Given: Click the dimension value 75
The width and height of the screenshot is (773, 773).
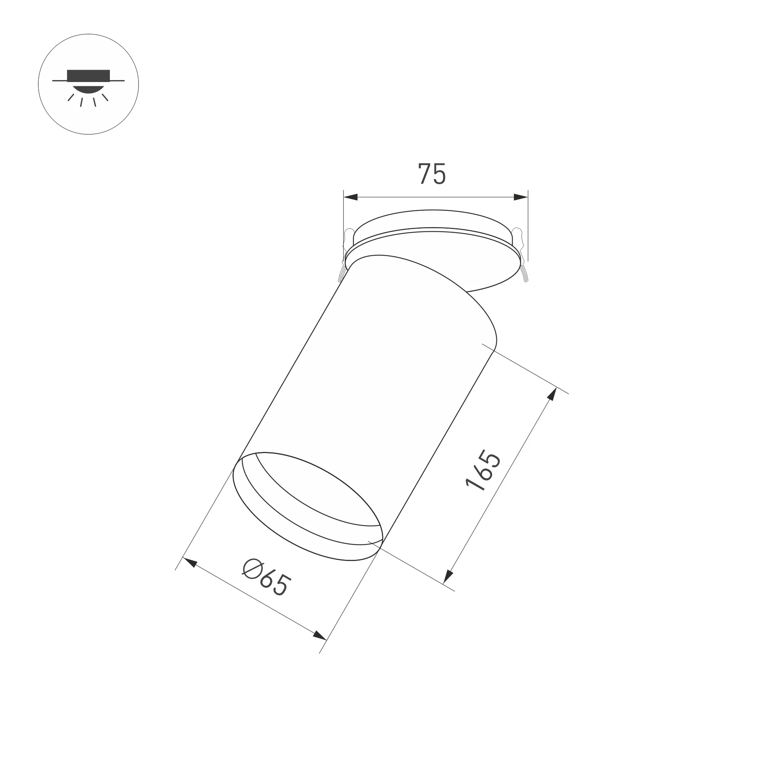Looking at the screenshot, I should (432, 174).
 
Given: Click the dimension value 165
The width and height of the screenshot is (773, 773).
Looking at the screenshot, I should (483, 470).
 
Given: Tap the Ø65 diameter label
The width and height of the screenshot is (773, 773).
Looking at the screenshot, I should (265, 579).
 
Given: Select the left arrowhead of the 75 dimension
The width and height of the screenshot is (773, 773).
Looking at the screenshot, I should (351, 197).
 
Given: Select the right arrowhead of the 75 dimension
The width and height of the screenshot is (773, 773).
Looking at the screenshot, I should (520, 197).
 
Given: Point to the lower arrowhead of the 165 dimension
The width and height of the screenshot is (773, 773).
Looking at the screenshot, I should (448, 576).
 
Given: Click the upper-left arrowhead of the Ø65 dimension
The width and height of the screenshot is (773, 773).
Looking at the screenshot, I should (189, 562).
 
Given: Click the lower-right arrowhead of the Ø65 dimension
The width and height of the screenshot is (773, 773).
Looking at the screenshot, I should (319, 634).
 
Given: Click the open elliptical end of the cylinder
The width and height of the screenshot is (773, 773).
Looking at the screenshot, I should (308, 506).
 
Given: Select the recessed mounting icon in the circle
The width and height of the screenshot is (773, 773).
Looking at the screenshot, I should (89, 84).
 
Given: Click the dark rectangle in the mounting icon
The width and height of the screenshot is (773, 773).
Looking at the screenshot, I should (89, 75).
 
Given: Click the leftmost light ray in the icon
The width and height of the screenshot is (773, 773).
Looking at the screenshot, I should (71, 97).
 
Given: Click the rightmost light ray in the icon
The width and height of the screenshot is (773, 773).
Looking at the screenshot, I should (105, 97).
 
